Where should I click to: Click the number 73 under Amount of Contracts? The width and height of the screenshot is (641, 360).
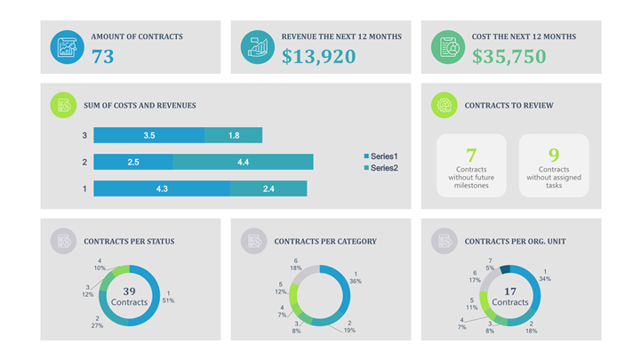103,57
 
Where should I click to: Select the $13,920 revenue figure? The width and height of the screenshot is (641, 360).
318,57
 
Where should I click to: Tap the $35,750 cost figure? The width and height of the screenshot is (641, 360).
509,57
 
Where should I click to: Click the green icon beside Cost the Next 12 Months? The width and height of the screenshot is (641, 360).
448,47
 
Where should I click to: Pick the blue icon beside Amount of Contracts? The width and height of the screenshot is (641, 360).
68,47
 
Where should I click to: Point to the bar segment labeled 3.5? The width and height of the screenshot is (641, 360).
148,135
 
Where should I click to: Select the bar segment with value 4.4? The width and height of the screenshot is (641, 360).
243,162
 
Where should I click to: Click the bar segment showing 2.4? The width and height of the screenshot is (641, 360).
268,188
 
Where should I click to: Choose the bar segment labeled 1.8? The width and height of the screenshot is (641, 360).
233,135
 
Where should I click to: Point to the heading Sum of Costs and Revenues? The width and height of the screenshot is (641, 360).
140,105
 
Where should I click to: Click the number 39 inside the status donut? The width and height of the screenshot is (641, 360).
129,292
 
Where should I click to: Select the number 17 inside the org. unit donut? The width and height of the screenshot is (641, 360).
509,292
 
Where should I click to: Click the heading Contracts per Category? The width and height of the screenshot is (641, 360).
325,241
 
